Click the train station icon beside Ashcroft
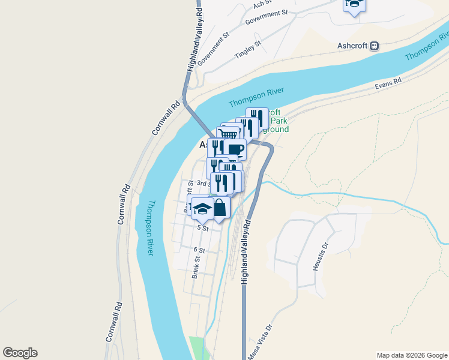pos(375,46)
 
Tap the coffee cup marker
pos(236,148)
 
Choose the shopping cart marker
pos(228,133)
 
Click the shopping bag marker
pos(220,208)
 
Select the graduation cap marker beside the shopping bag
pos(202,208)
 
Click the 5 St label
pos(202,228)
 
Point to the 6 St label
pos(199,250)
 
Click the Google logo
pos(20,353)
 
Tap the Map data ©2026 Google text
pos(411,355)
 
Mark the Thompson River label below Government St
pos(256,95)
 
